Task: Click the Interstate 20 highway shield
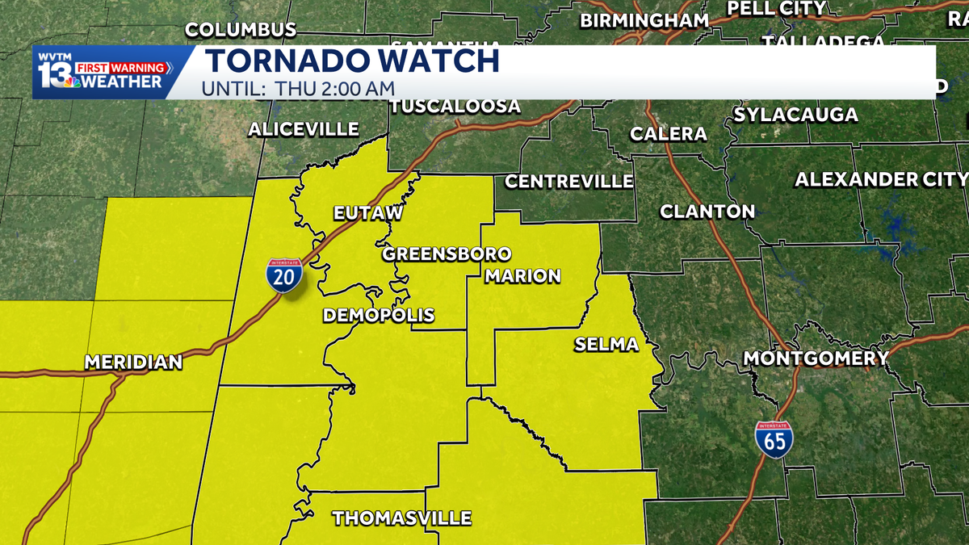(285, 275)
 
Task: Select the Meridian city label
(133, 362)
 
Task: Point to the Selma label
(606, 345)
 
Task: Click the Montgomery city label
(816, 358)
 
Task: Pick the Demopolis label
(379, 315)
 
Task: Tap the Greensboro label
(447, 254)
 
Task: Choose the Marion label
(522, 276)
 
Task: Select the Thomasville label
(402, 518)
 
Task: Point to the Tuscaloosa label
(456, 107)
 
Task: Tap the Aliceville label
(304, 129)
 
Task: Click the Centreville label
(569, 181)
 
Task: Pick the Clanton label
(707, 212)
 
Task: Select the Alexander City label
(881, 179)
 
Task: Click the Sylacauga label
(795, 115)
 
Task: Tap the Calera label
(669, 133)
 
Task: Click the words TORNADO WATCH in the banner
(351, 61)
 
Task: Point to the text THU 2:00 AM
(333, 88)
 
